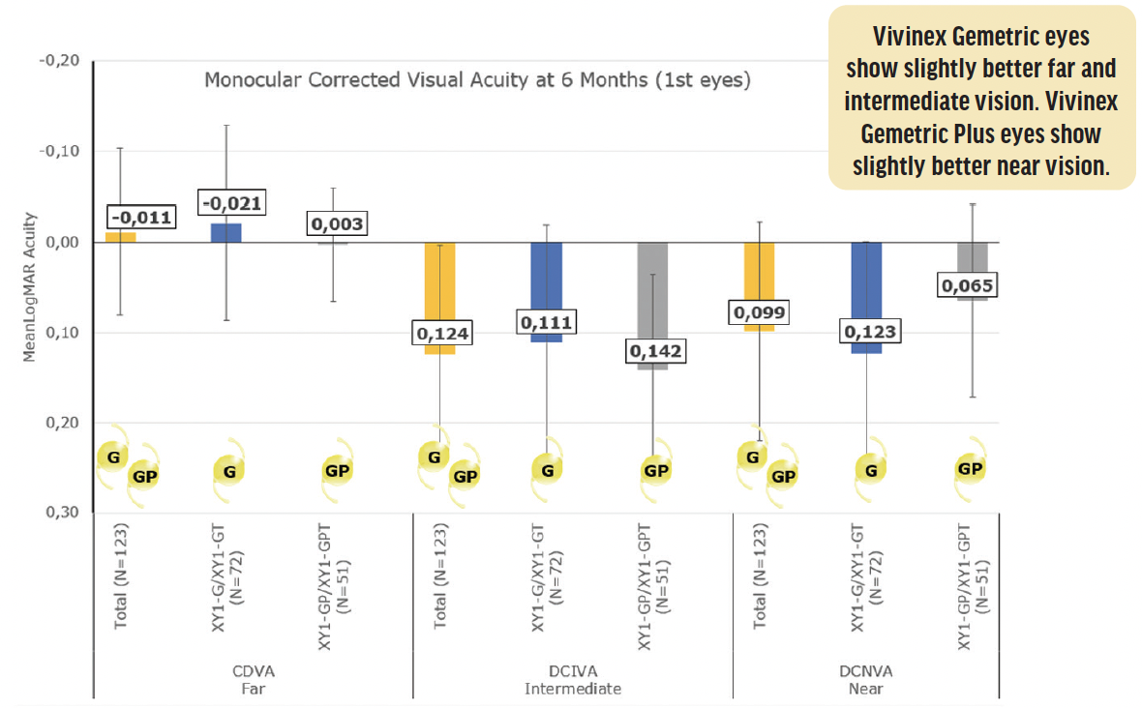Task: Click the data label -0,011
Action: (139, 218)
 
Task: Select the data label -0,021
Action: (231, 202)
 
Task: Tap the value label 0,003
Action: (337, 224)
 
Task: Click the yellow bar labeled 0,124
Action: (440, 290)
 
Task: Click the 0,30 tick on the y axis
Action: (63, 513)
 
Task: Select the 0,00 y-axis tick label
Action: (63, 242)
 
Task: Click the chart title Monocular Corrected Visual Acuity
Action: (476, 80)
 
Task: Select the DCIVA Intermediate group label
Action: (572, 680)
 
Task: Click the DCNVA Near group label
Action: (866, 680)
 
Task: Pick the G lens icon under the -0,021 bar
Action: (229, 472)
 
